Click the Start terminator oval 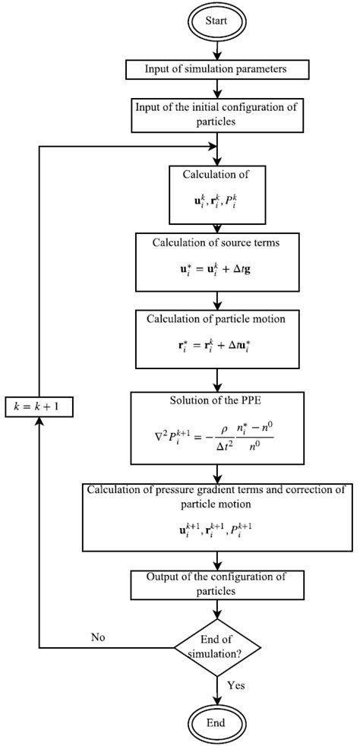pos(217,22)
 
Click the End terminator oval pos(217,723)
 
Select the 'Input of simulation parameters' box pos(217,70)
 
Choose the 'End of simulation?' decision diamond pos(217,648)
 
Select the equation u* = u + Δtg pos(217,269)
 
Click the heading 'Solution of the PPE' pos(217,401)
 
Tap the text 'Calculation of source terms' pos(217,242)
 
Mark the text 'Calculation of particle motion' pos(217,318)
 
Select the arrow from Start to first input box pos(217,49)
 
